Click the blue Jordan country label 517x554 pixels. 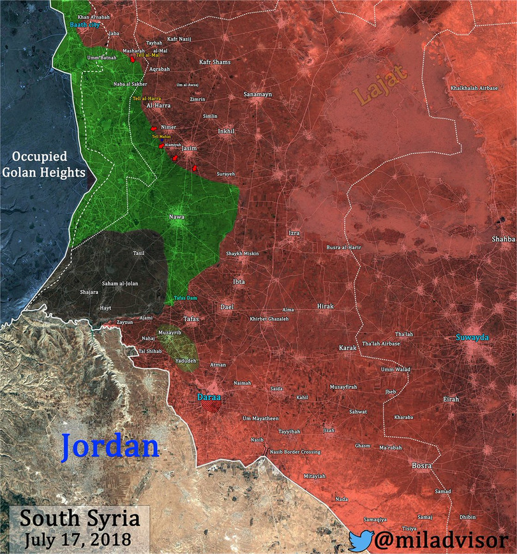(x=110, y=446)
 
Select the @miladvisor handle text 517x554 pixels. (x=444, y=541)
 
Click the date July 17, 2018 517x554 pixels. (x=79, y=539)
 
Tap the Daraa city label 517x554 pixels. (x=209, y=397)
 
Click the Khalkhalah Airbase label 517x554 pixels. (x=474, y=88)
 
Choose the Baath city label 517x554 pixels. (x=86, y=25)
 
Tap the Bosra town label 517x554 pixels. (x=422, y=466)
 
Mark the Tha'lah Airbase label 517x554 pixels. (x=381, y=344)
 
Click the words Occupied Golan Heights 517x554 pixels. (x=44, y=164)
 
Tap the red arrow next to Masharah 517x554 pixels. (x=133, y=59)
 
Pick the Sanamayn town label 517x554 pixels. (x=258, y=94)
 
